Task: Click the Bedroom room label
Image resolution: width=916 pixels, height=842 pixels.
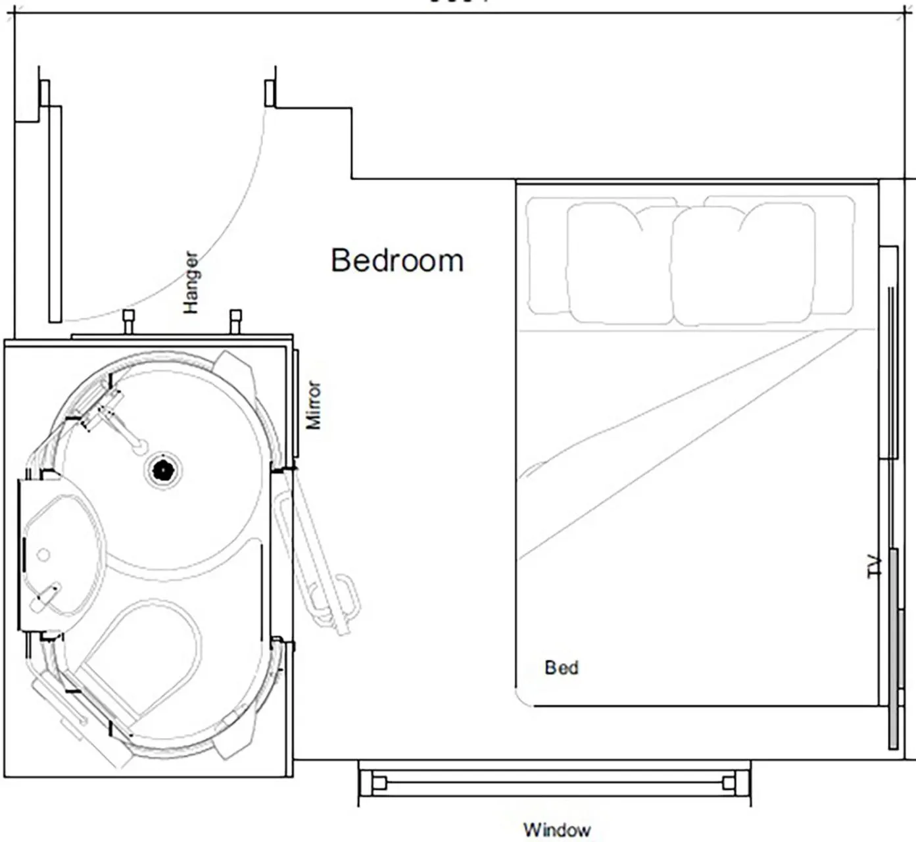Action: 397,260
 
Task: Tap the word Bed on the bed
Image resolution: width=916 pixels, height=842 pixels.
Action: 562,668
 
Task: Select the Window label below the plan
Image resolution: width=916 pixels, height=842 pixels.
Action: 556,830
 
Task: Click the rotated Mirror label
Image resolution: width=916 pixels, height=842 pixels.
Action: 314,405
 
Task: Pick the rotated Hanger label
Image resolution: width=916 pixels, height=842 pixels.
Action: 190,282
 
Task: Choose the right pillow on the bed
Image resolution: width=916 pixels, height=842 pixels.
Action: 743,263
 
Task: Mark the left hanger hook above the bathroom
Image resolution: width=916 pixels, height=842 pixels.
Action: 128,320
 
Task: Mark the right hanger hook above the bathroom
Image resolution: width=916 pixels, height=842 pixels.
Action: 235,320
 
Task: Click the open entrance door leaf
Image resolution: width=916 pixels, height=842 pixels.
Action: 55,214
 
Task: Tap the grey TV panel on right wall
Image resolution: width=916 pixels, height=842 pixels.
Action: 894,648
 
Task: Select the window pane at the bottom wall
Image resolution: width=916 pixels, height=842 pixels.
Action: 554,783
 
